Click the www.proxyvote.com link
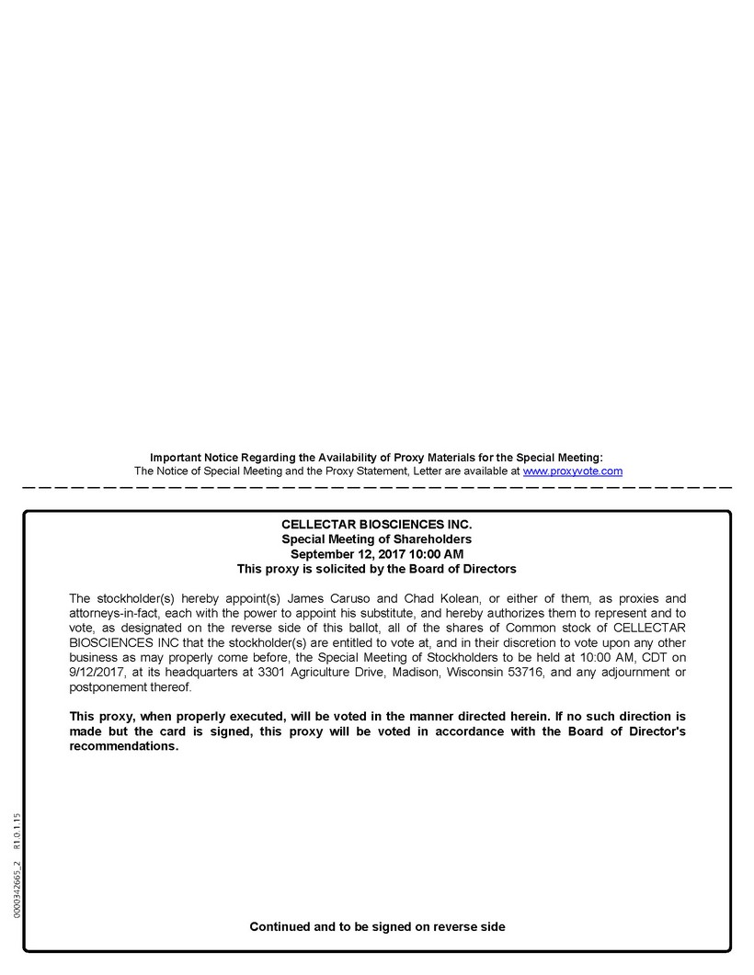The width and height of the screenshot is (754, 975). tap(573, 471)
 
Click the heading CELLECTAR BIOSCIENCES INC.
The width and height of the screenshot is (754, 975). tap(376, 525)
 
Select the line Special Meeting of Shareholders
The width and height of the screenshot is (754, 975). tap(376, 539)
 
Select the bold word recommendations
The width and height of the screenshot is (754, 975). tap(123, 746)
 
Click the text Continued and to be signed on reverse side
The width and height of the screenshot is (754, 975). tap(377, 926)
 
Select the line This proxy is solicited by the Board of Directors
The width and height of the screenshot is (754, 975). tap(376, 569)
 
